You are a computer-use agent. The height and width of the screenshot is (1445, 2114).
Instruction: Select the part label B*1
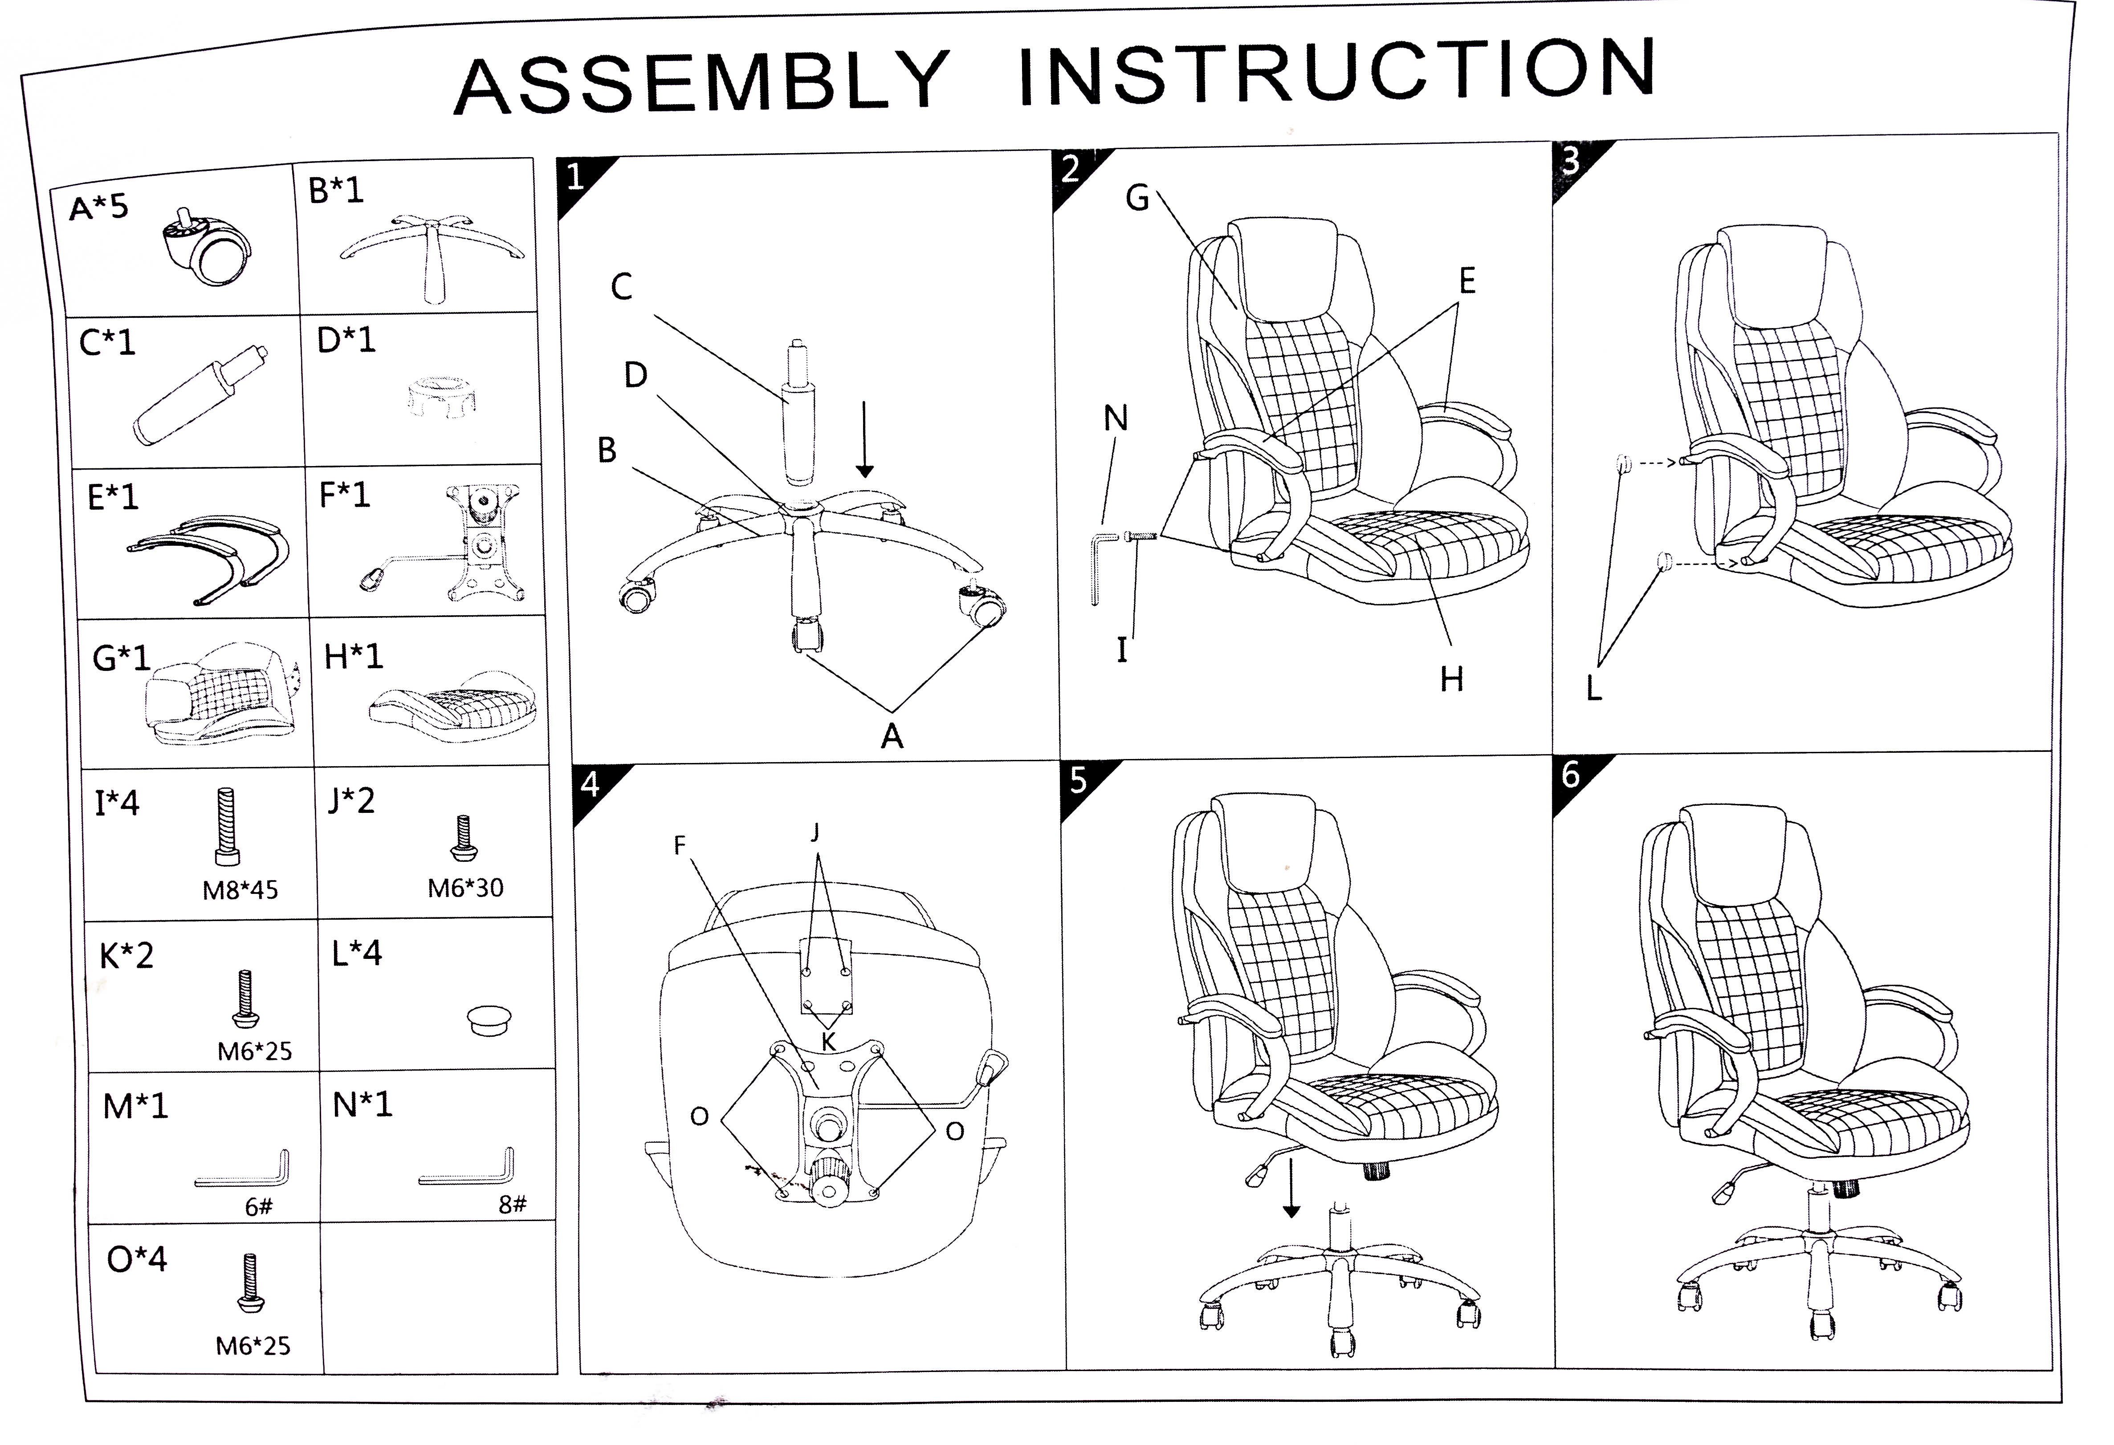pyautogui.click(x=336, y=191)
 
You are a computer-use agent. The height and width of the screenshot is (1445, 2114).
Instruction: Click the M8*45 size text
pyautogui.click(x=240, y=890)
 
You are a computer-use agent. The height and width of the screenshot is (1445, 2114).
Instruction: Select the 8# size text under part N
pyautogui.click(x=512, y=1205)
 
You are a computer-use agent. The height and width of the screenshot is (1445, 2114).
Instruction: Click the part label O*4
pyautogui.click(x=136, y=1259)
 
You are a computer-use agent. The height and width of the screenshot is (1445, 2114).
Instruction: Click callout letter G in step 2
pyautogui.click(x=1137, y=198)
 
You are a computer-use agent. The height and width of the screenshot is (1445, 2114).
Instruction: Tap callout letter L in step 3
pyautogui.click(x=1594, y=688)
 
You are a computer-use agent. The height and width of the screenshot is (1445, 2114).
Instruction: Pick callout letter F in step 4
pyautogui.click(x=680, y=846)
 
